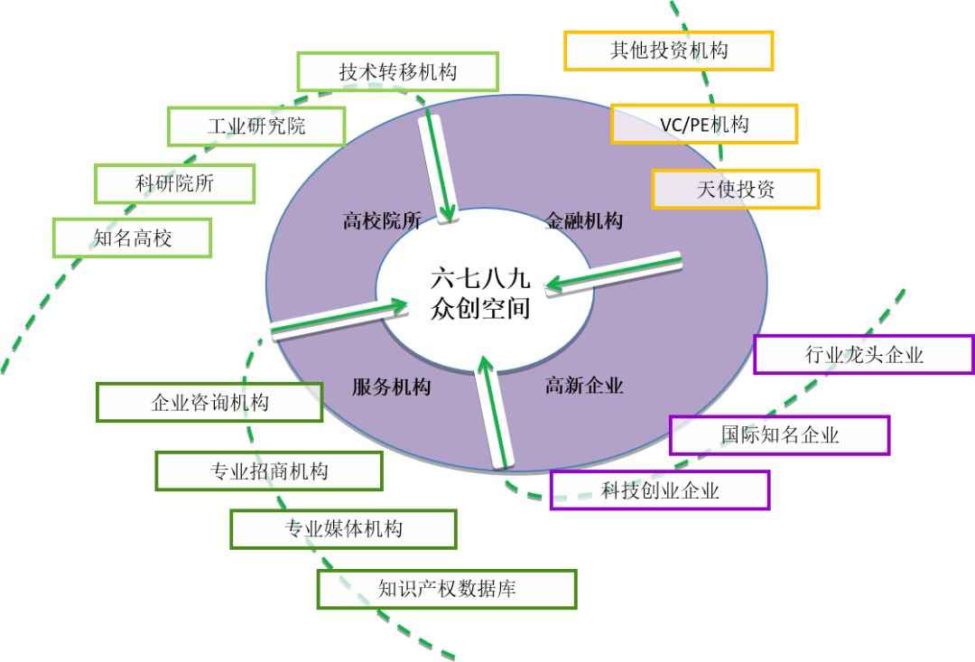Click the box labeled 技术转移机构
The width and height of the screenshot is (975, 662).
(x=397, y=72)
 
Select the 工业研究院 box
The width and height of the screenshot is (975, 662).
(x=256, y=126)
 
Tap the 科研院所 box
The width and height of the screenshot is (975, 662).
(x=174, y=183)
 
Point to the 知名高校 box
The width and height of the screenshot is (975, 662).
(x=132, y=238)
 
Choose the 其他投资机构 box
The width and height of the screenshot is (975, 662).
(x=668, y=51)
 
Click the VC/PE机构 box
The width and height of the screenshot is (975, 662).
(x=704, y=124)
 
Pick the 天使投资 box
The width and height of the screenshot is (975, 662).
(x=736, y=189)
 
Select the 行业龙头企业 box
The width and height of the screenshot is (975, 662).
(x=864, y=354)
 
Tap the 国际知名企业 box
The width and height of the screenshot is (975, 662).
(x=779, y=434)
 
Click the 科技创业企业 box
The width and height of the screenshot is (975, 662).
(x=660, y=490)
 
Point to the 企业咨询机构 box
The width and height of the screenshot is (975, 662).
(x=209, y=402)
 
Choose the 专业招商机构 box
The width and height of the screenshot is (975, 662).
(x=269, y=471)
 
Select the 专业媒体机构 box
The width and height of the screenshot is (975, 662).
(x=343, y=528)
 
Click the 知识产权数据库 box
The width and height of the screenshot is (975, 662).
(x=447, y=589)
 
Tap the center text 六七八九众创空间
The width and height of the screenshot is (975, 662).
(x=479, y=294)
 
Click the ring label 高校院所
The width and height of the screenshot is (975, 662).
(x=382, y=221)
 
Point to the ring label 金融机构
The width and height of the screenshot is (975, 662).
(x=584, y=221)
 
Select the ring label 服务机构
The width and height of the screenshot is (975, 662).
(x=391, y=387)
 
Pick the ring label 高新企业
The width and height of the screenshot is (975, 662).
(x=584, y=387)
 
